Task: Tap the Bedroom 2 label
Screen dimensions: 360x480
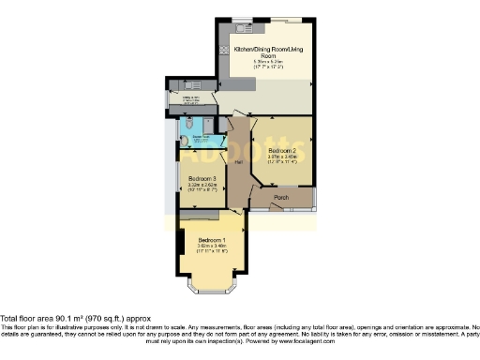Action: coord(282,150)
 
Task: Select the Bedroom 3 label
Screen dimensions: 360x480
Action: coord(202,179)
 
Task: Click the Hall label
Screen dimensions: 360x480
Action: coord(239,163)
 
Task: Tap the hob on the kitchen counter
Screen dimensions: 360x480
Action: coord(224,52)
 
